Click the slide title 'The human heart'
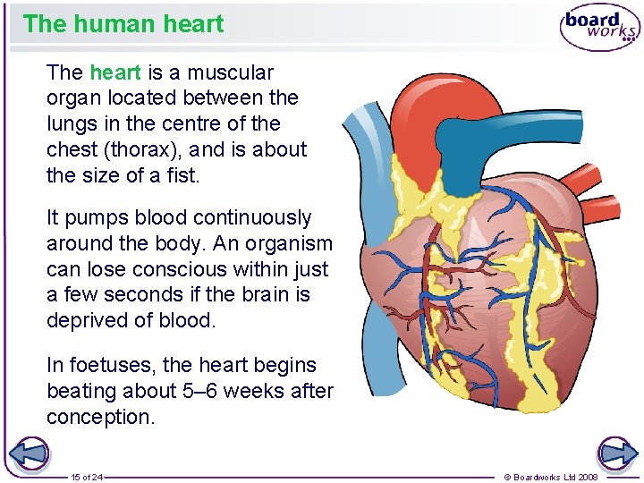click(123, 23)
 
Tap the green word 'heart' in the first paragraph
click(115, 72)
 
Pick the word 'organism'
click(291, 243)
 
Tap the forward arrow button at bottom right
click(617, 454)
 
